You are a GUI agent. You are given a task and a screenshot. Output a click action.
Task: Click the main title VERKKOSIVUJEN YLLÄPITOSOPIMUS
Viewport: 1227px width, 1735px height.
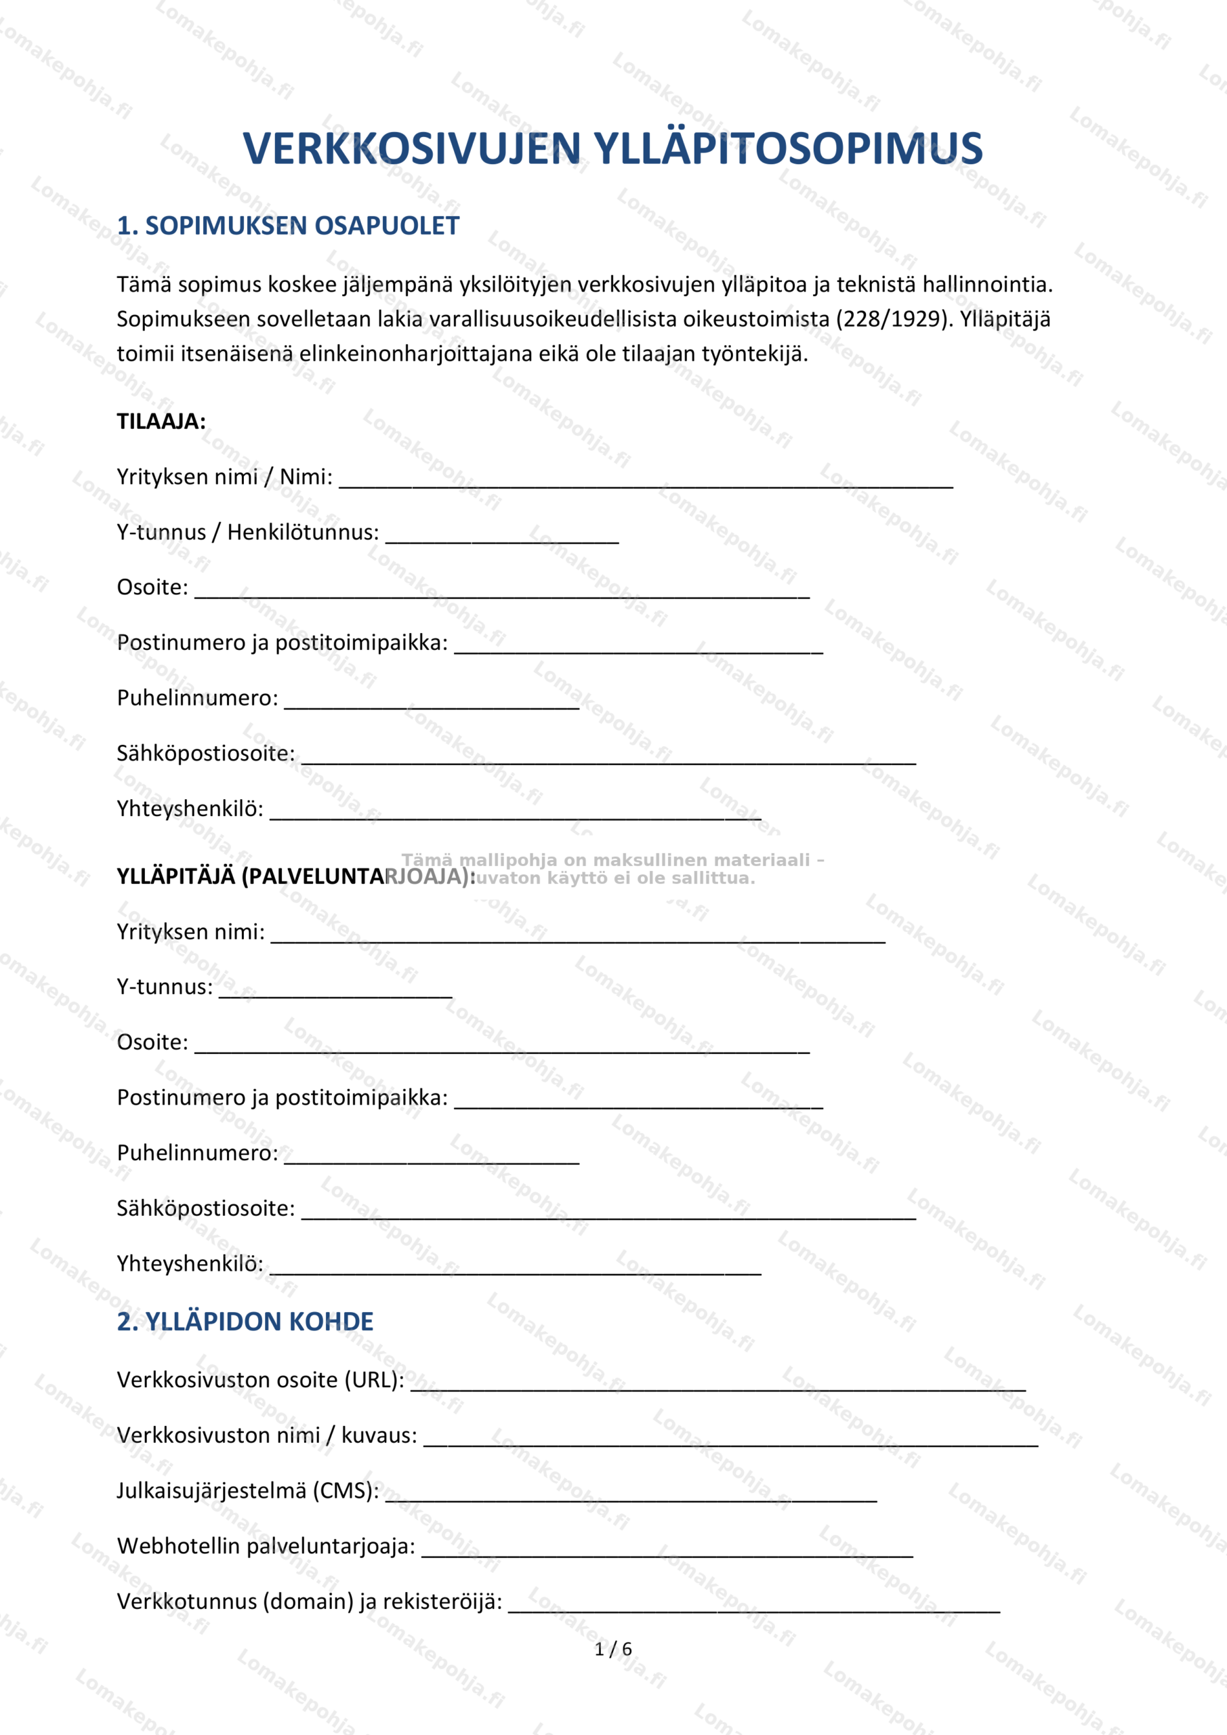click(612, 148)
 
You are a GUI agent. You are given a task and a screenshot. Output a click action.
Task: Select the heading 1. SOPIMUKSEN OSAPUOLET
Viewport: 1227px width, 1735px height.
click(288, 226)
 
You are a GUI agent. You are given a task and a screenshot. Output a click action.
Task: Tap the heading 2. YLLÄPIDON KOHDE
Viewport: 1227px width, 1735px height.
click(245, 1322)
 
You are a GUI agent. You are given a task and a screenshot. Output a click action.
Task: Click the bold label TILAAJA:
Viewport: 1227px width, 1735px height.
click(161, 422)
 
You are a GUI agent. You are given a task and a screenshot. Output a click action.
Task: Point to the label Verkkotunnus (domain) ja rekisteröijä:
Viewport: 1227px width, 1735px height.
click(309, 1601)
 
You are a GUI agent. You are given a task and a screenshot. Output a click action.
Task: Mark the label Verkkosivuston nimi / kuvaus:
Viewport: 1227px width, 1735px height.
click(267, 1435)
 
